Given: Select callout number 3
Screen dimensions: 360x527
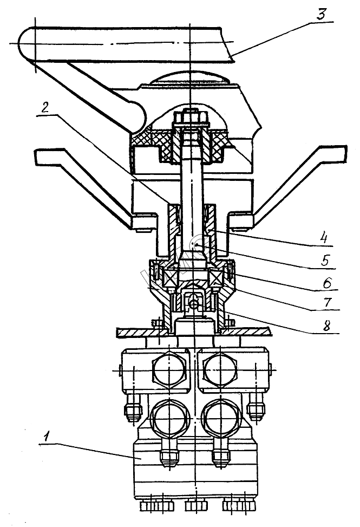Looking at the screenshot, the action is click(322, 14).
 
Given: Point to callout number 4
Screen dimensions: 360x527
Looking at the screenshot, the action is click(323, 238).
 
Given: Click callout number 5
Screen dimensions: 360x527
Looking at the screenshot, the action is click(325, 260).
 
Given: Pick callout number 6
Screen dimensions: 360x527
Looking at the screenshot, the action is click(327, 282).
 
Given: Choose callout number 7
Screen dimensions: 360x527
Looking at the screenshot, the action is click(327, 302).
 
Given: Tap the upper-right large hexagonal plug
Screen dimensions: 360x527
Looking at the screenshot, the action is click(221, 370).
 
